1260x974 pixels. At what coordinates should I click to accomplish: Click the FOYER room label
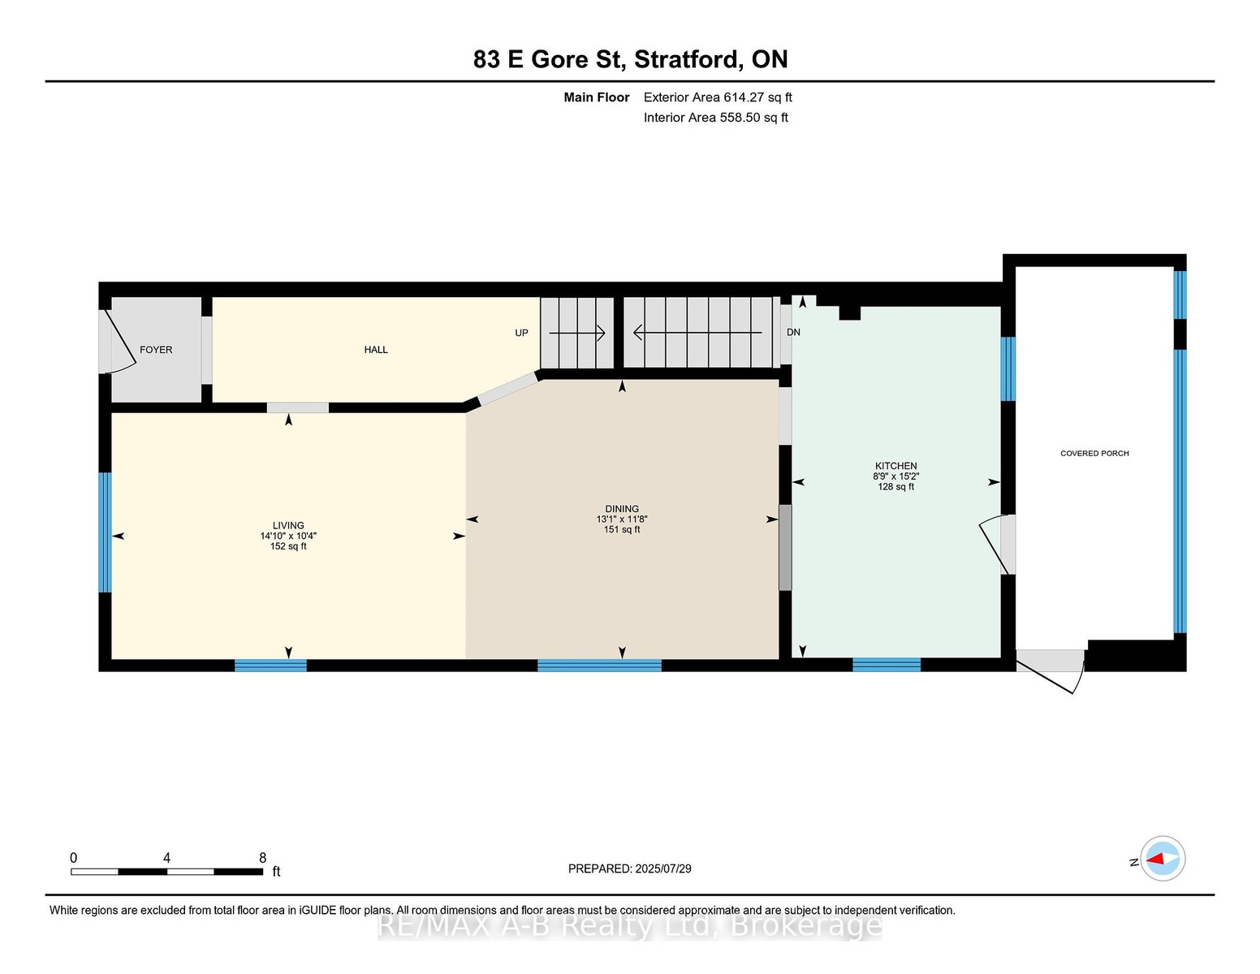[x=156, y=349]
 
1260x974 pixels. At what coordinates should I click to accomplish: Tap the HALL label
[x=376, y=349]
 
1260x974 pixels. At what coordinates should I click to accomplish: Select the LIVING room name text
[x=288, y=525]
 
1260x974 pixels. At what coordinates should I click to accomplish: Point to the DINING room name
[x=622, y=509]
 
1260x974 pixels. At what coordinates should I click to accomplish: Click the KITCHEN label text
[x=895, y=466]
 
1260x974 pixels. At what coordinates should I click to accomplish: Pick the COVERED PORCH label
[x=1094, y=453]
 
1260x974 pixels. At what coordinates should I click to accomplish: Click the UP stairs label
[x=521, y=333]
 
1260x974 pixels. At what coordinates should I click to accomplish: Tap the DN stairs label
[x=793, y=332]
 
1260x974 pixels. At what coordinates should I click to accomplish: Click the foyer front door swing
[x=119, y=342]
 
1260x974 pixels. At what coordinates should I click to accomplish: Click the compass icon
[x=1163, y=858]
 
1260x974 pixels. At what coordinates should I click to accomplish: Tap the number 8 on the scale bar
[x=263, y=858]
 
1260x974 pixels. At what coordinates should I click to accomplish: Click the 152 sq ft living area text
[x=288, y=546]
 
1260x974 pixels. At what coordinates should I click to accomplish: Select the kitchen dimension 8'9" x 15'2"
[x=895, y=476]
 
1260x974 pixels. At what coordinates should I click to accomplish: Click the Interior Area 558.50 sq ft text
[x=715, y=118]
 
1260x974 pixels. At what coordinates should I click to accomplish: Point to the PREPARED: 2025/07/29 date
[x=630, y=868]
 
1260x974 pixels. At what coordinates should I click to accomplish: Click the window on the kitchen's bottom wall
[x=887, y=665]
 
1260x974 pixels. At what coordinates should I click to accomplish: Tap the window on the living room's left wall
[x=105, y=532]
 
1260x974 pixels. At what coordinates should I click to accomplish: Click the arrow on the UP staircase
[x=577, y=333]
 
